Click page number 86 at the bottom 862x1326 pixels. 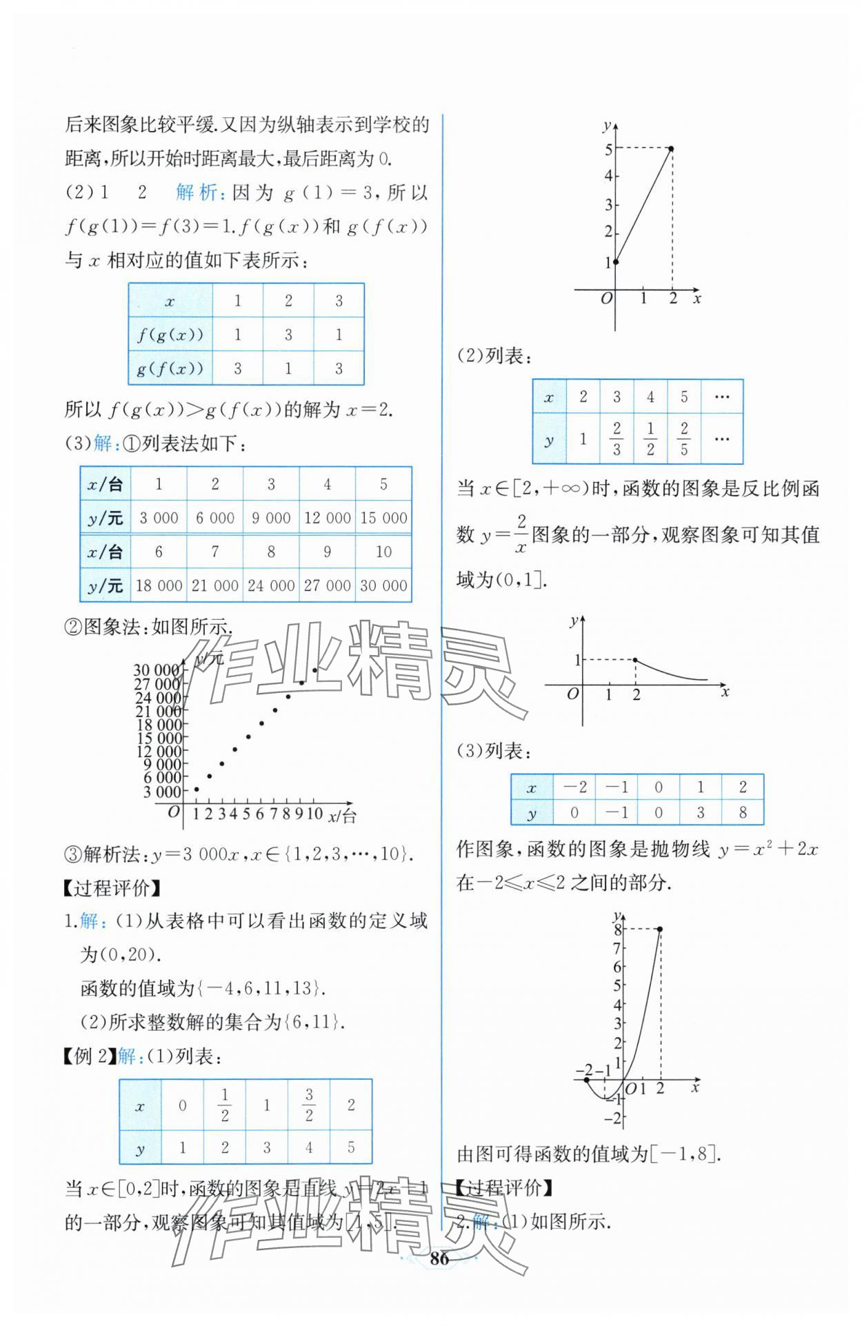tap(439, 1258)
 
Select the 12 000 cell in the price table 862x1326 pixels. tap(327, 518)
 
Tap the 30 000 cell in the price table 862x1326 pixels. tap(383, 585)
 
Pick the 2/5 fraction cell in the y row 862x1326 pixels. tap(683, 439)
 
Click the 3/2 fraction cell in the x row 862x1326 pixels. tap(309, 1105)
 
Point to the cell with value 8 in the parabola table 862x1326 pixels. tap(742, 812)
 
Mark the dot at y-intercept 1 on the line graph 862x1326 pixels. tap(616, 261)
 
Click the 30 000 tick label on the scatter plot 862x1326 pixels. tap(157, 670)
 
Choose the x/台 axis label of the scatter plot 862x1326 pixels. tap(342, 816)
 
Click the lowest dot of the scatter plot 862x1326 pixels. tap(197, 790)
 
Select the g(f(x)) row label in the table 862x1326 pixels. tap(170, 368)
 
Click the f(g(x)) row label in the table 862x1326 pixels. tap(170, 335)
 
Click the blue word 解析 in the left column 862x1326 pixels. tap(197, 192)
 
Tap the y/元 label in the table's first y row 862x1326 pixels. tap(106, 518)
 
